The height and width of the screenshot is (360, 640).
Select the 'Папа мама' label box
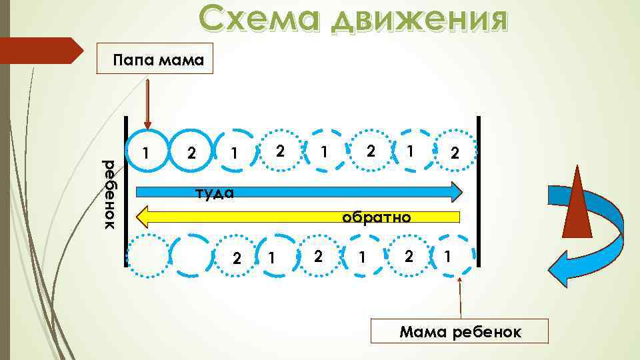(x=154, y=61)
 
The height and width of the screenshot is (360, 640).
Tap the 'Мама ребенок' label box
(x=460, y=332)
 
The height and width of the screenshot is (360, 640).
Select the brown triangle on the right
(x=577, y=203)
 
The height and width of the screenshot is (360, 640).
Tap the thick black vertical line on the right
(x=479, y=190)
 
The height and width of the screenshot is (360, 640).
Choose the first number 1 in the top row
(x=148, y=153)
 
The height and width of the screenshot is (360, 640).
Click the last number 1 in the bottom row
(x=447, y=255)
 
